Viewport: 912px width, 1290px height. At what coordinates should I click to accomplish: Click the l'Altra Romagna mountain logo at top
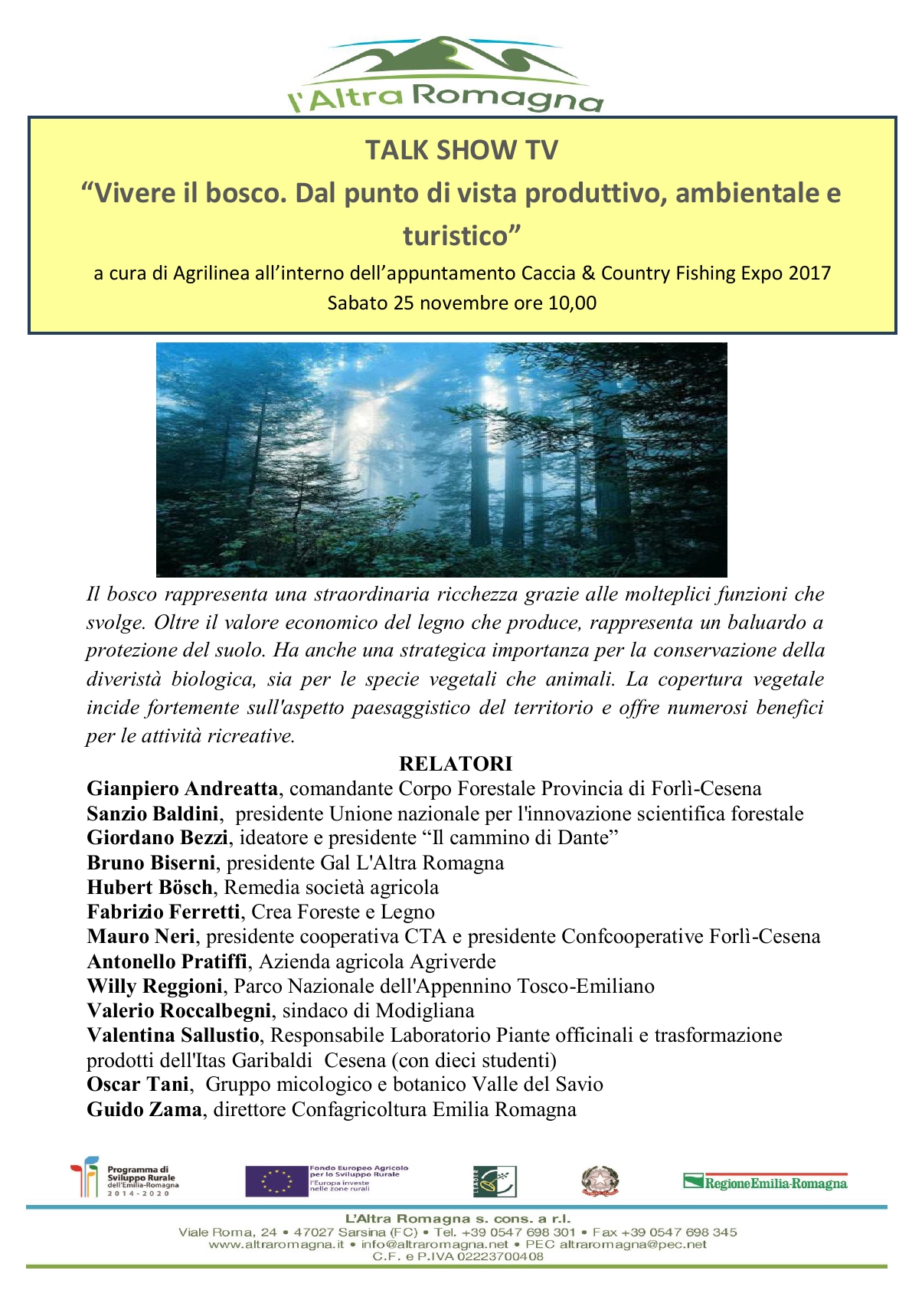(445, 74)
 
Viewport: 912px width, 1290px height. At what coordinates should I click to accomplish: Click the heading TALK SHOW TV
(461, 150)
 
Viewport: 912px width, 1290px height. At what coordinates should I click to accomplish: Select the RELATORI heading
(456, 764)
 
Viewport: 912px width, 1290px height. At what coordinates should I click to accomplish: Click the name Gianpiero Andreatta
(182, 788)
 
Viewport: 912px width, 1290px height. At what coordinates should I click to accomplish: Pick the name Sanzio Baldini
(153, 814)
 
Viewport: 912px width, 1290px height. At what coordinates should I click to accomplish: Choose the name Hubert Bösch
(150, 887)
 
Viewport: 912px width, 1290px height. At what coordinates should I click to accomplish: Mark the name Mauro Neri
(142, 936)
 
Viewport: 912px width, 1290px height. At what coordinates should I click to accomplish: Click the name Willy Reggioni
(155, 986)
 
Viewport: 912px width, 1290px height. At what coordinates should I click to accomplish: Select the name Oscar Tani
(138, 1084)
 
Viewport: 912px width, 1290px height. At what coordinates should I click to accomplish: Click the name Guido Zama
(145, 1109)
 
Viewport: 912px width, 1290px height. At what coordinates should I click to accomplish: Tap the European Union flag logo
(276, 1180)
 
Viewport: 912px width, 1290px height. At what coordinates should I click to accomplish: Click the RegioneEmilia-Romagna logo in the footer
(765, 1182)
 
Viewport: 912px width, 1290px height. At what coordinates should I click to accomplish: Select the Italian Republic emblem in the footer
(600, 1181)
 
